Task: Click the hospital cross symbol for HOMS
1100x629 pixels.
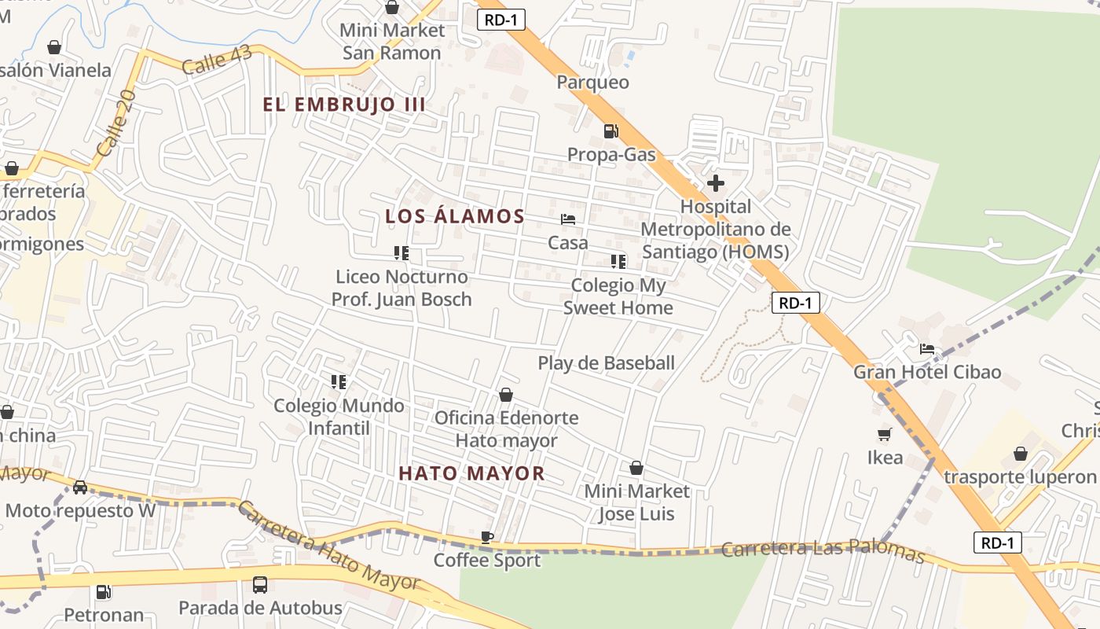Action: pos(715,184)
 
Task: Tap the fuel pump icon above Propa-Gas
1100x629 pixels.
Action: pos(610,131)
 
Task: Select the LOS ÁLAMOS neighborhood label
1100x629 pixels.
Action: pos(455,216)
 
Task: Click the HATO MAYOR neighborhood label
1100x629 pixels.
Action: pos(471,473)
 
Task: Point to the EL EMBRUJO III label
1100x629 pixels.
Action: pos(344,105)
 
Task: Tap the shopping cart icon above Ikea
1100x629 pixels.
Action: pos(884,434)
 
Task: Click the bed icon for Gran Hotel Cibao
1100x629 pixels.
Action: pos(927,349)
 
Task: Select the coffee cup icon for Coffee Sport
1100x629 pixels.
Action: pos(487,537)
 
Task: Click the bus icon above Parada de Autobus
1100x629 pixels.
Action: pos(260,585)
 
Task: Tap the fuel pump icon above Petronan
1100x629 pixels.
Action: pos(103,591)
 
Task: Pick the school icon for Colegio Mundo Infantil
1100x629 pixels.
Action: pos(339,382)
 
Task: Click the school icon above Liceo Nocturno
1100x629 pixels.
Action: pos(401,253)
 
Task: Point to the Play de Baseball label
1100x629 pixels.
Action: pos(606,363)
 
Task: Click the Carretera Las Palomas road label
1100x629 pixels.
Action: pos(823,550)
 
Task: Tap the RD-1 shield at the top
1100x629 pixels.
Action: pos(500,20)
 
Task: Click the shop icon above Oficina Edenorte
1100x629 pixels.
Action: pos(506,395)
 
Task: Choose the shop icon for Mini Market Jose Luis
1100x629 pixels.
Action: pos(636,468)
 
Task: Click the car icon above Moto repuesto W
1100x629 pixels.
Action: pos(80,487)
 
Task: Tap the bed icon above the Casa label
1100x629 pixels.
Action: pos(568,219)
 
